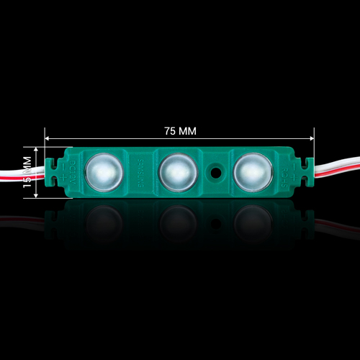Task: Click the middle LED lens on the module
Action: (x=174, y=171)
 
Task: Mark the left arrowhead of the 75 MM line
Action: (x=48, y=138)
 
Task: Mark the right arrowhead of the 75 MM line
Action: (x=312, y=138)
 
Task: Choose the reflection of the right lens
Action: (x=252, y=219)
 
